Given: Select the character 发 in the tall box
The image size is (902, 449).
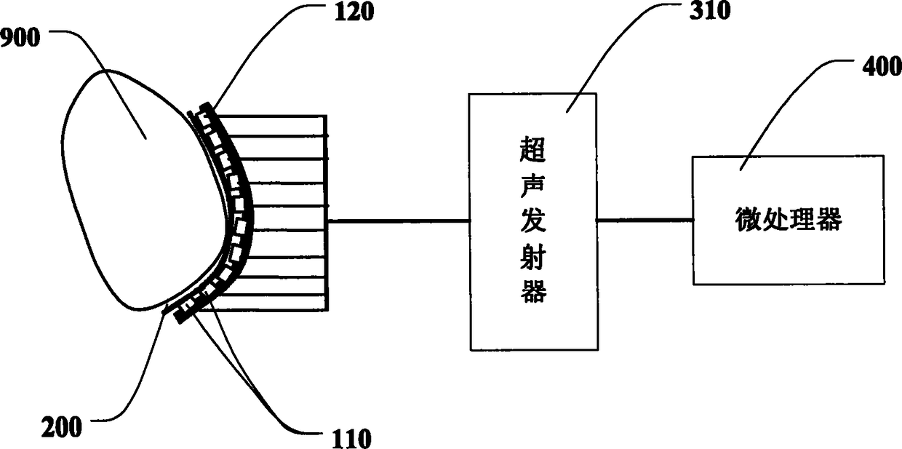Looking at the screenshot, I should click(532, 223).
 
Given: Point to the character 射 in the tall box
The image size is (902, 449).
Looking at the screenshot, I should click(532, 258).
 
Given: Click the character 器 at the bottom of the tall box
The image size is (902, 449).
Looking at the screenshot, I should click(532, 292).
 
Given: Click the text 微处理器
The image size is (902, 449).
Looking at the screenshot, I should click(788, 220).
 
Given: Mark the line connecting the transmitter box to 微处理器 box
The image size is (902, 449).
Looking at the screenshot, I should click(644, 220).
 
